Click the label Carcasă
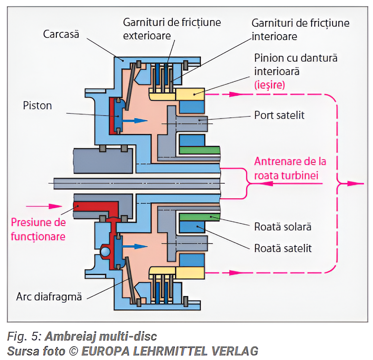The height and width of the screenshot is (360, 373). (x=61, y=34)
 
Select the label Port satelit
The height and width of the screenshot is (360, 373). (x=279, y=115)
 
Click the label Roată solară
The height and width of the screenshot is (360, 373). (x=283, y=226)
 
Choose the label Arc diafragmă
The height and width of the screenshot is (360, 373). (x=49, y=296)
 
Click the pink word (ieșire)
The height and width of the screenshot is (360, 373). (x=270, y=85)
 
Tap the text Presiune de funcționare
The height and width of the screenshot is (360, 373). (x=38, y=229)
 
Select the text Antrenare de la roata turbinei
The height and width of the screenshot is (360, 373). (x=290, y=168)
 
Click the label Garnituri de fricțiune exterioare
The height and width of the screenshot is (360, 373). (x=172, y=29)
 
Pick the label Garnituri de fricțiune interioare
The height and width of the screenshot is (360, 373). (x=300, y=29)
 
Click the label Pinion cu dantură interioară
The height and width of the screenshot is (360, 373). (x=296, y=64)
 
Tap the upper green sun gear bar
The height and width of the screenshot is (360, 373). (x=200, y=150)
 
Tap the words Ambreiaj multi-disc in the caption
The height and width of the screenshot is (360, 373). (x=101, y=337)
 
